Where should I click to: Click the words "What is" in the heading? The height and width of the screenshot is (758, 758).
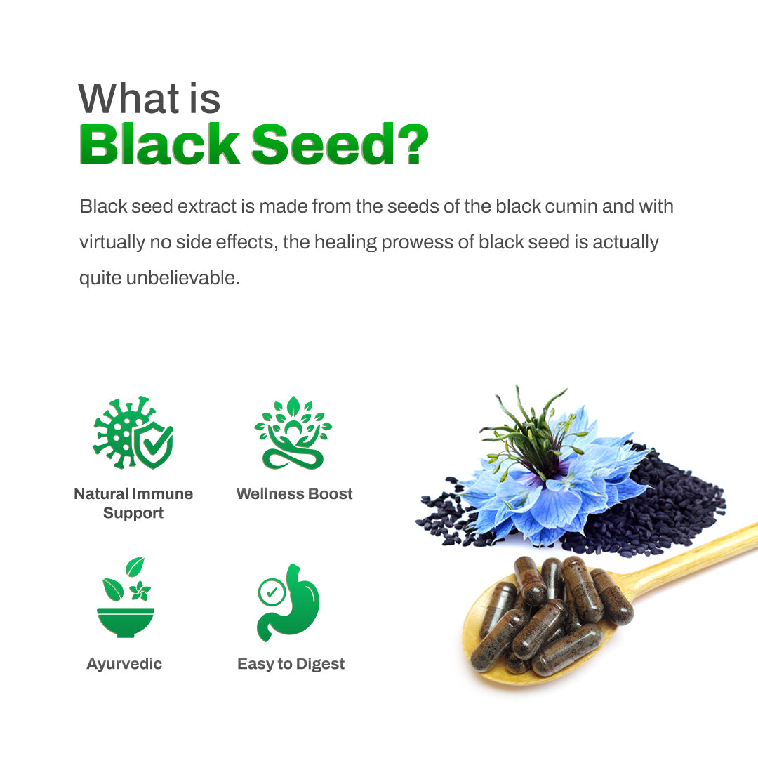click(149, 98)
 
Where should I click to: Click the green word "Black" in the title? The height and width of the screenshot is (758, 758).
click(159, 145)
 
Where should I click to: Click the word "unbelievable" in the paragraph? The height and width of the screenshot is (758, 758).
click(182, 278)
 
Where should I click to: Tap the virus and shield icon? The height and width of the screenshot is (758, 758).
click(133, 433)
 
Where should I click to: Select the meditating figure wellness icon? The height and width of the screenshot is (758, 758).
click(293, 432)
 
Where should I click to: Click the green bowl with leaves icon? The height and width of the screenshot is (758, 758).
click(126, 598)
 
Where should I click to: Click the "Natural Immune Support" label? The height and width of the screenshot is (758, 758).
click(133, 503)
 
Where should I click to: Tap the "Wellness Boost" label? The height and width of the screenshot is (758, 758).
click(295, 494)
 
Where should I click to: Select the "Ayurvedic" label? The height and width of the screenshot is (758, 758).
click(124, 664)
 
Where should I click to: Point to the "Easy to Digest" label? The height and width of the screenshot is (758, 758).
click(291, 664)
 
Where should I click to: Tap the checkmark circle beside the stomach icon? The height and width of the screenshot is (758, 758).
click(271, 592)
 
